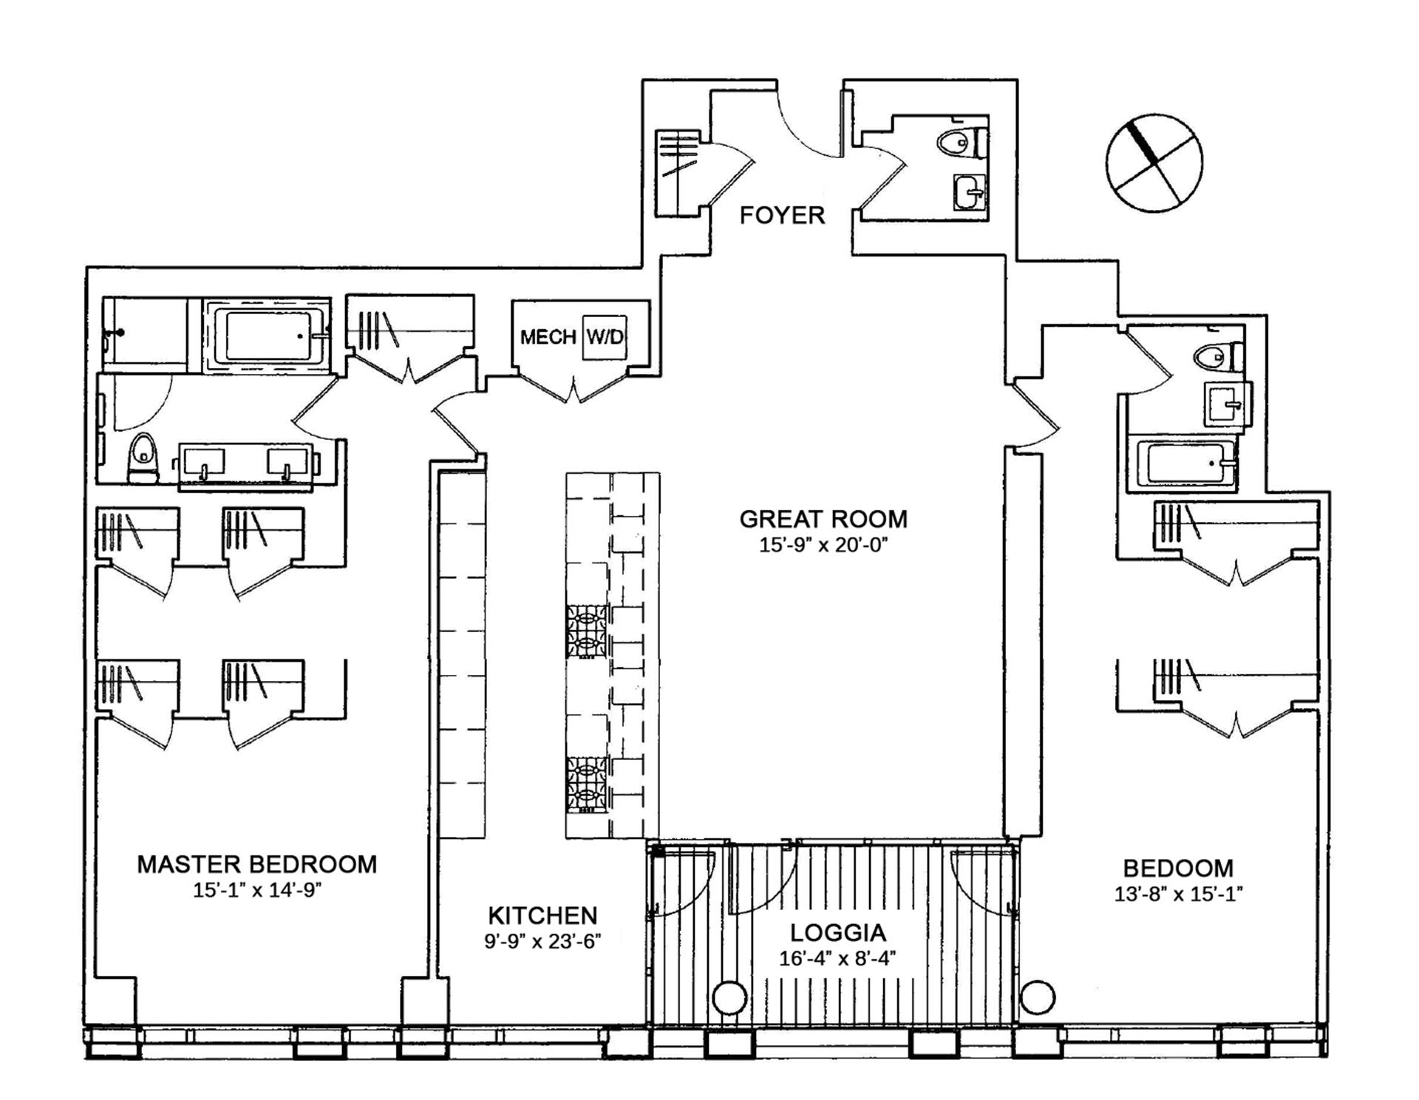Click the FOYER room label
pos(782,216)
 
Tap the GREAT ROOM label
pos(823,519)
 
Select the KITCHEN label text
pos(542,916)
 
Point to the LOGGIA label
pos(837,933)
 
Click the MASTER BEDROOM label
pos(257,864)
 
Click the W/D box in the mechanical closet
pos(605,337)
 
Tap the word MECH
pos(548,337)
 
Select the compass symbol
pos(1154,163)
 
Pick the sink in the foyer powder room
pos(970,192)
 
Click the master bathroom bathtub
pos(267,336)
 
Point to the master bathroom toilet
pos(143,458)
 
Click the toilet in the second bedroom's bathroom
pos(1219,357)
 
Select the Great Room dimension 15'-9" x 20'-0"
pos(823,546)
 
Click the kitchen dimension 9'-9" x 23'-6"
pos(542,941)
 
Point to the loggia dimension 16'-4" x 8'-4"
pos(837,959)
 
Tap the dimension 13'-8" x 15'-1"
pos(1178,894)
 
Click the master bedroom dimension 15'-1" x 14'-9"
pos(257,890)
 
